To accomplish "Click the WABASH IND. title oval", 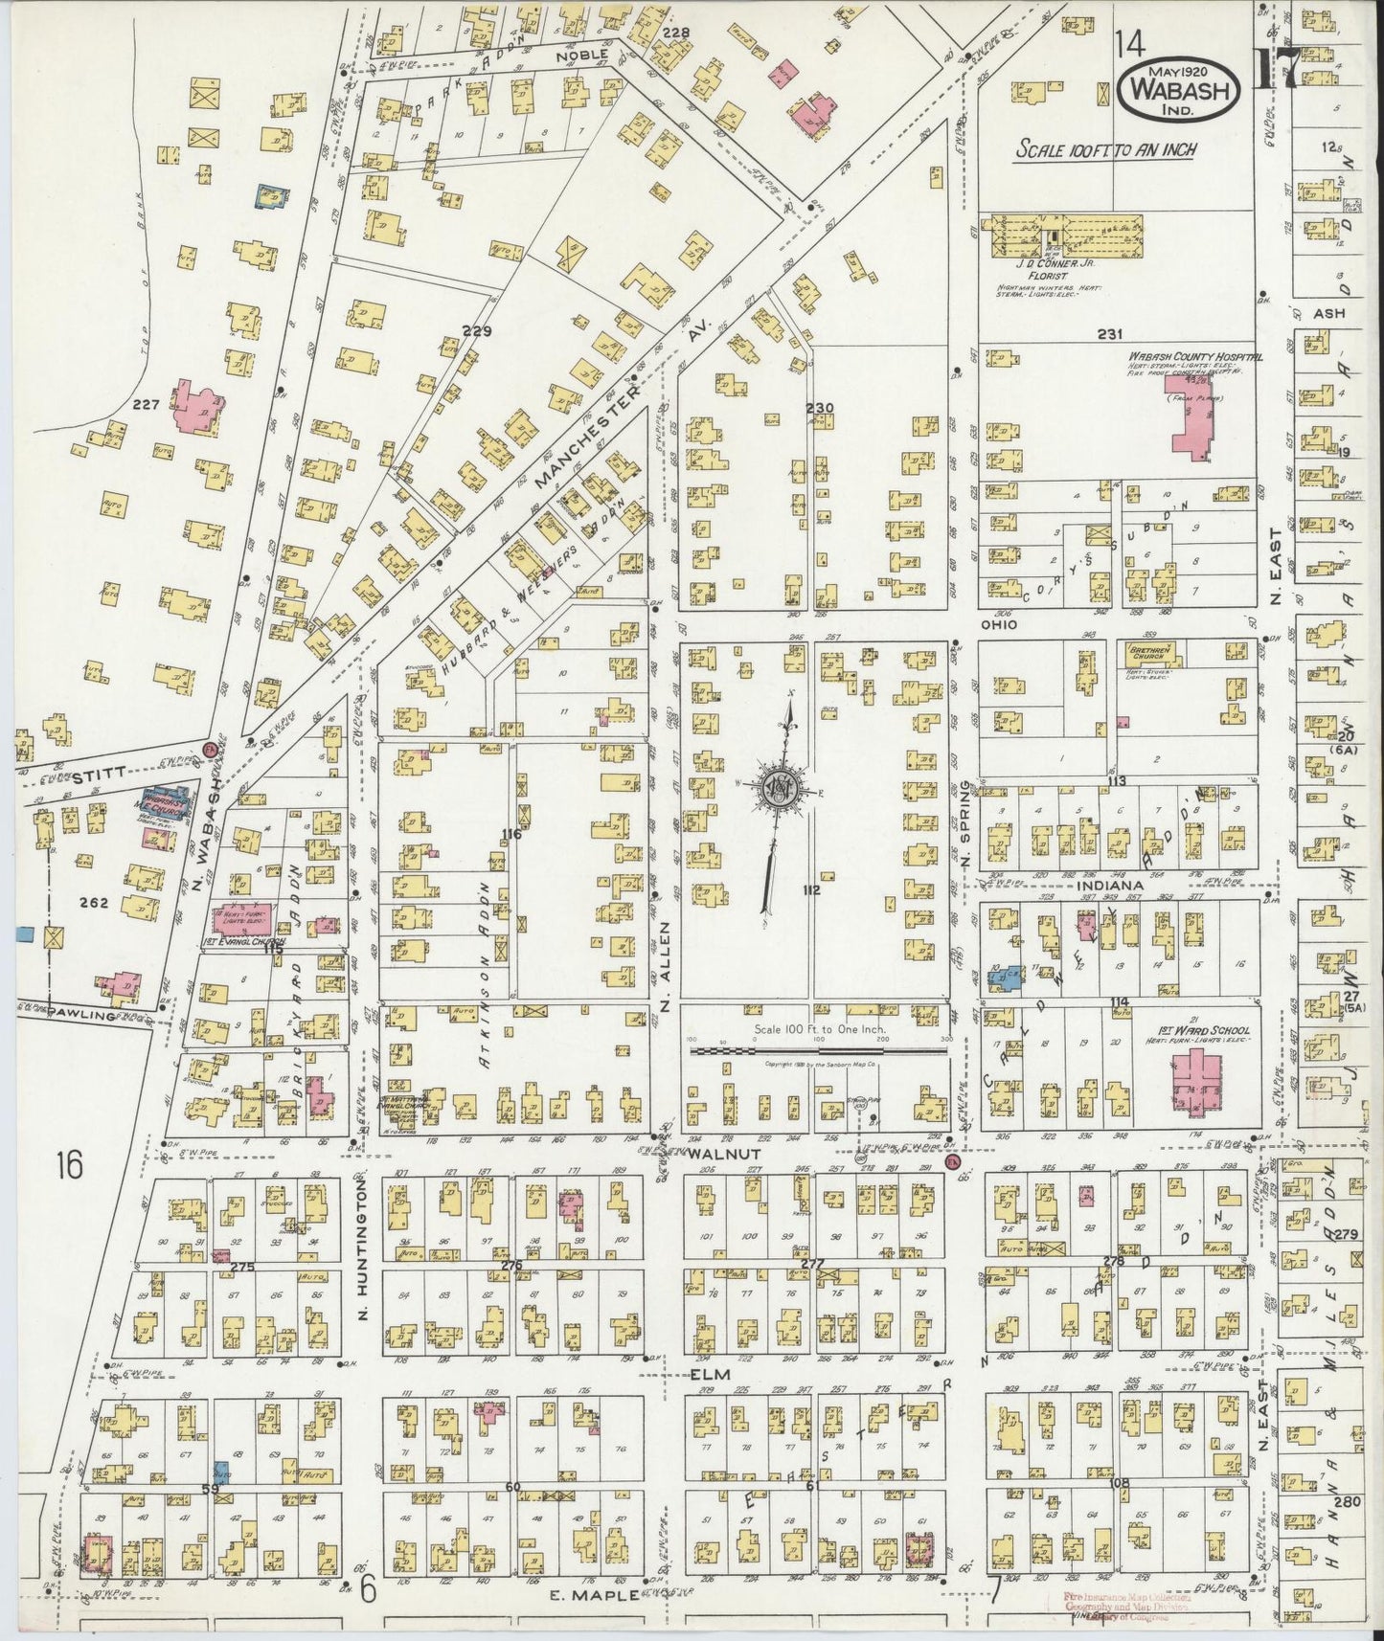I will click(1179, 88).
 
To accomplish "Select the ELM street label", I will click(711, 1374).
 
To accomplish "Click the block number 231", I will click(1109, 334).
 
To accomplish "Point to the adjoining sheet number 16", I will click(69, 1165).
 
